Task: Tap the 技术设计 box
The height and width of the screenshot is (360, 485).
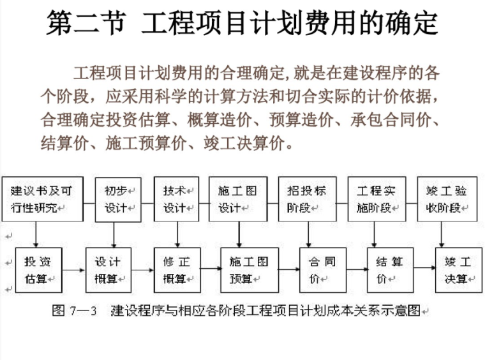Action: [176, 199]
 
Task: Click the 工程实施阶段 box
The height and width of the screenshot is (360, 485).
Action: [377, 199]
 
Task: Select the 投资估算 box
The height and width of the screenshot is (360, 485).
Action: [38, 269]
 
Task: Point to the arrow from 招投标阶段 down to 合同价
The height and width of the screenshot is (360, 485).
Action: [309, 234]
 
